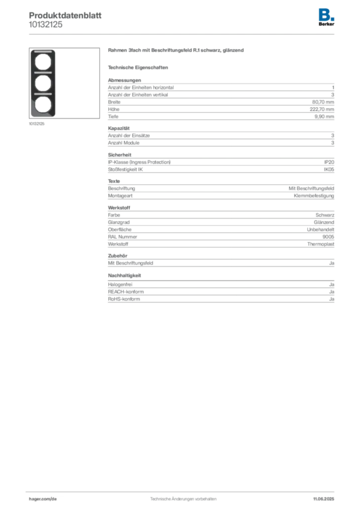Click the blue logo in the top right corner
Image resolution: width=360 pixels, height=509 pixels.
click(x=327, y=14)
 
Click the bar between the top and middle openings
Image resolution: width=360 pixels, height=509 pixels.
click(x=43, y=74)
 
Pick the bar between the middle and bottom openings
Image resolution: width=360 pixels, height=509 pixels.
click(x=43, y=94)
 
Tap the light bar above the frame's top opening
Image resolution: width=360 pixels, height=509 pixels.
click(x=43, y=52)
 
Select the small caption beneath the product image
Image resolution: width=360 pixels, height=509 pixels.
click(x=38, y=124)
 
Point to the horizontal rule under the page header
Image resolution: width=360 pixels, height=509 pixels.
click(x=183, y=34)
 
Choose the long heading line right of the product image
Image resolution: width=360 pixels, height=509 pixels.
click(x=177, y=51)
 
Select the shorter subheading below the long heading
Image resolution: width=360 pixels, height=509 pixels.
click(x=139, y=67)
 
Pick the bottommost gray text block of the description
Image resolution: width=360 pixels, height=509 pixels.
click(x=221, y=294)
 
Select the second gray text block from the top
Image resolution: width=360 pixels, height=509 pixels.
click(x=221, y=137)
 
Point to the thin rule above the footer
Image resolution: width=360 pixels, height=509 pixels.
click(x=183, y=491)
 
